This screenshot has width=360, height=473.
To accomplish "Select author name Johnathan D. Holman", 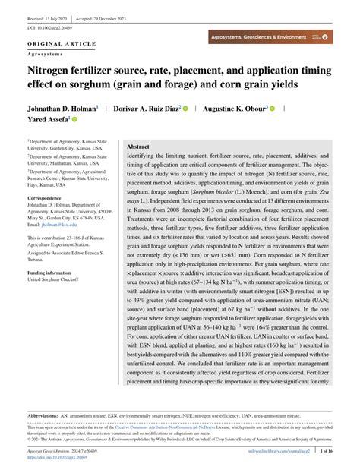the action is tap(62, 109).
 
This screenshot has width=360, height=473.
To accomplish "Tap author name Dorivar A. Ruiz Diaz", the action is tap(147, 109).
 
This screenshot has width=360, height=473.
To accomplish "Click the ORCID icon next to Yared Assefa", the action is tap(75, 120).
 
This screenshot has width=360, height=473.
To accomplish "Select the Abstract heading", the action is tap(137, 146).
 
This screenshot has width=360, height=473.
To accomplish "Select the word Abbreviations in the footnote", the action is tap(47, 417).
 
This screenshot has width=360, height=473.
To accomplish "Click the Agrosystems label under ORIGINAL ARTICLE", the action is tap(44, 53).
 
